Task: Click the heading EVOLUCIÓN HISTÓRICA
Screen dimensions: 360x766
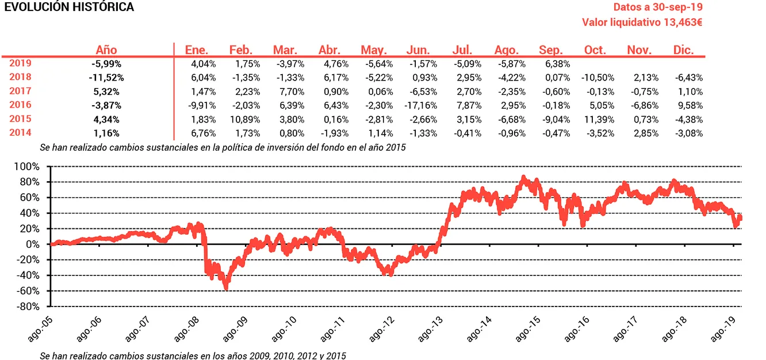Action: coord(69,7)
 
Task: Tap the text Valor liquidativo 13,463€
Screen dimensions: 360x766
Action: coord(642,22)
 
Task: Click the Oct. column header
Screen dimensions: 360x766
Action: coord(595,50)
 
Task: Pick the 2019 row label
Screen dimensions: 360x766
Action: coord(20,63)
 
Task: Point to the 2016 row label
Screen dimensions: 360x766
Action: coord(20,105)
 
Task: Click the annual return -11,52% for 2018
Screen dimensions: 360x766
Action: coord(106,77)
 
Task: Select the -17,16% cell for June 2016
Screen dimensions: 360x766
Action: coord(423,105)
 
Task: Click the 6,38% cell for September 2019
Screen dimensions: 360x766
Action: coord(556,63)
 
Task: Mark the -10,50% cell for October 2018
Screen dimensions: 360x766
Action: coord(598,77)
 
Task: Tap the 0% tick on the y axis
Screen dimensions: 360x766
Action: coord(33,244)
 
